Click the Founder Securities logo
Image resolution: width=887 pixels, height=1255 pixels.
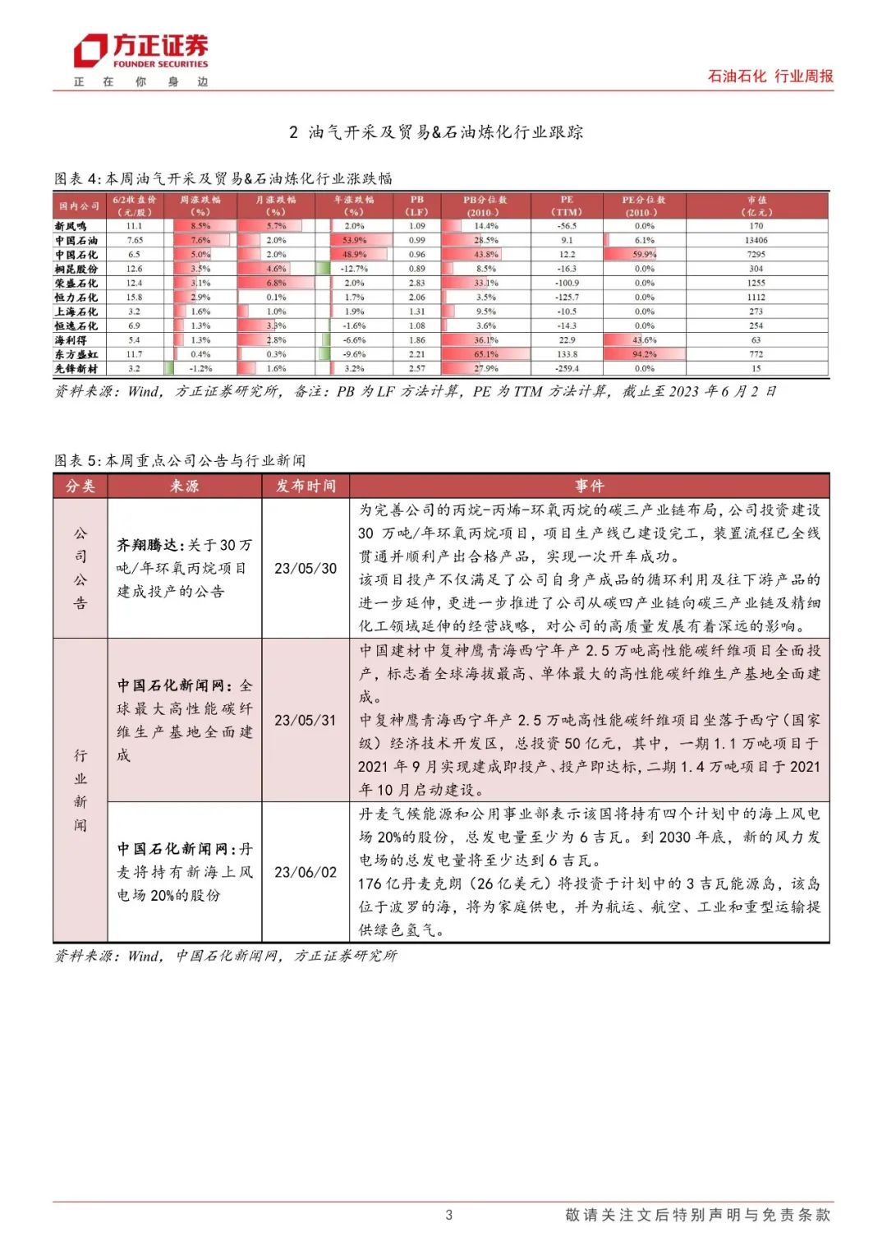pyautogui.click(x=140, y=53)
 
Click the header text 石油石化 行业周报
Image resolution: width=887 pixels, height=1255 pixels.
pyautogui.click(x=770, y=76)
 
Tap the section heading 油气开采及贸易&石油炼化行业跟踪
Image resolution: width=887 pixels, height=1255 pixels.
pyautogui.click(x=436, y=132)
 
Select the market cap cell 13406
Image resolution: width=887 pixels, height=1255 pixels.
pyautogui.click(x=756, y=241)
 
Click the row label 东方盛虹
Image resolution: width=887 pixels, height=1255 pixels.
pyautogui.click(x=76, y=355)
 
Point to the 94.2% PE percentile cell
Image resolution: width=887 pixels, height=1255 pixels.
pyautogui.click(x=644, y=355)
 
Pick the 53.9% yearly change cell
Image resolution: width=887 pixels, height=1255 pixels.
pyautogui.click(x=354, y=241)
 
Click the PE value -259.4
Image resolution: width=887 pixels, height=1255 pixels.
pyautogui.click(x=567, y=369)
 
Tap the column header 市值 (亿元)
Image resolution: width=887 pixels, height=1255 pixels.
pyautogui.click(x=756, y=205)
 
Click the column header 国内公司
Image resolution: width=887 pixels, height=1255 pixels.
pyautogui.click(x=79, y=205)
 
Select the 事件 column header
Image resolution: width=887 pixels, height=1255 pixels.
pyautogui.click(x=589, y=487)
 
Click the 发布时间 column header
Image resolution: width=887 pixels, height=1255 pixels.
pyautogui.click(x=306, y=487)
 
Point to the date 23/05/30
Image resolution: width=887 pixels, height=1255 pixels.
pyautogui.click(x=306, y=569)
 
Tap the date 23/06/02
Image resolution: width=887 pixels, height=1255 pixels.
pyautogui.click(x=306, y=872)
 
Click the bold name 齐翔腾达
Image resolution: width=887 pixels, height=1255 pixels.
pyautogui.click(x=148, y=545)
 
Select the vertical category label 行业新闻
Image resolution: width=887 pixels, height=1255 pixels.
pyautogui.click(x=80, y=790)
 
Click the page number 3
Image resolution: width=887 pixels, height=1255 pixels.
pyautogui.click(x=448, y=1215)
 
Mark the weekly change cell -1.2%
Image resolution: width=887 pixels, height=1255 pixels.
pyautogui.click(x=200, y=369)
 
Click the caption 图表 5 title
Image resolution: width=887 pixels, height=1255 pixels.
pyautogui.click(x=180, y=460)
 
